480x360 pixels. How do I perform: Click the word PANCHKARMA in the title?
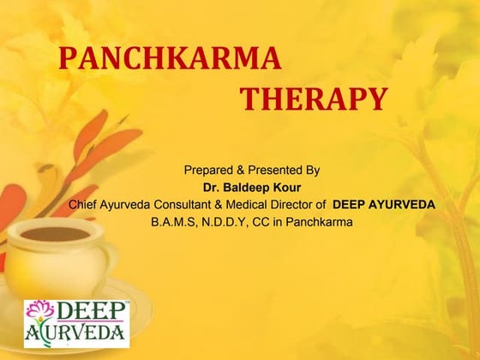pyautogui.click(x=170, y=58)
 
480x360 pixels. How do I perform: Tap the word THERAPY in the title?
pyautogui.click(x=313, y=99)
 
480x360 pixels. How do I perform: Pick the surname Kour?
pyautogui.click(x=285, y=187)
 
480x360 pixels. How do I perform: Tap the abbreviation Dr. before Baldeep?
pyautogui.click(x=212, y=187)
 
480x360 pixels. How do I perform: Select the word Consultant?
pyautogui.click(x=187, y=204)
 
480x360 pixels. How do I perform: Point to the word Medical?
pyautogui.click(x=254, y=204)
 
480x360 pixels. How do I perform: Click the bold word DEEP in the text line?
pyautogui.click(x=349, y=204)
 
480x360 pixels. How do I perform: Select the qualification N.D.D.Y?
pyautogui.click(x=226, y=222)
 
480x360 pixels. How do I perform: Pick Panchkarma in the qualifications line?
pyautogui.click(x=320, y=222)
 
